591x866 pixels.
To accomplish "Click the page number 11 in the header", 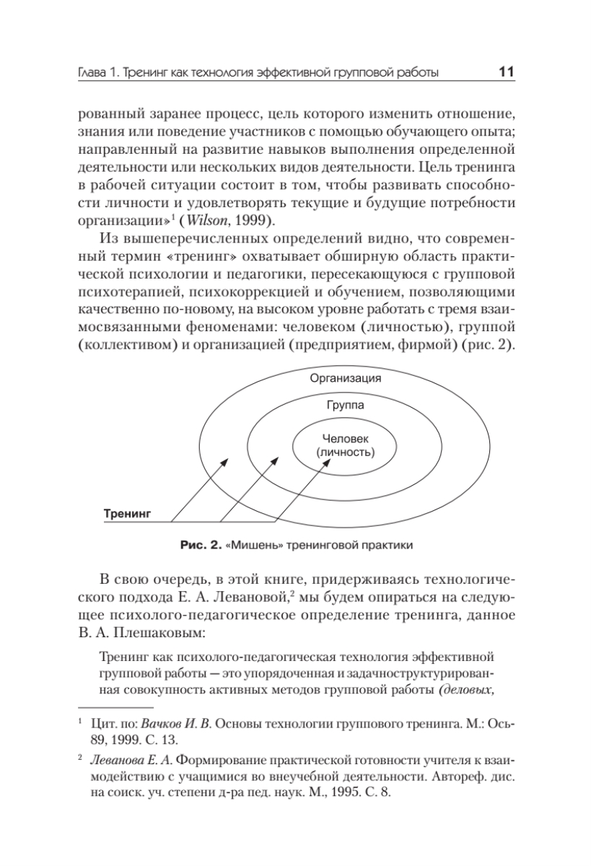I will [504, 72].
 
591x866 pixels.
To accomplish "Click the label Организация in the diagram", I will [345, 378].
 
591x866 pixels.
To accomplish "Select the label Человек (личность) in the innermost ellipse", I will [345, 445].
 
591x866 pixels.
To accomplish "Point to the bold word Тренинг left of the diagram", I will [126, 515].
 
